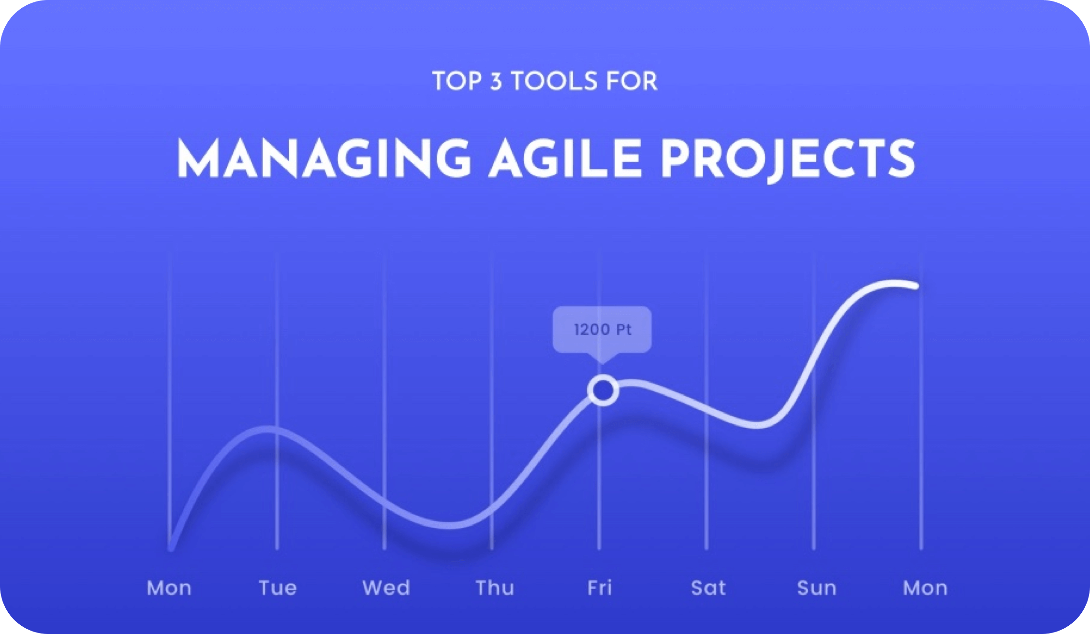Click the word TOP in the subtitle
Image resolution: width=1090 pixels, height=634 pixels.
click(x=457, y=81)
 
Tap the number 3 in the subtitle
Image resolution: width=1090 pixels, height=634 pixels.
click(x=496, y=81)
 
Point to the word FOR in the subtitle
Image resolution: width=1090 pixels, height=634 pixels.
click(x=631, y=81)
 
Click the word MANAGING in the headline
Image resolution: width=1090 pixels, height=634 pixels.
click(x=324, y=158)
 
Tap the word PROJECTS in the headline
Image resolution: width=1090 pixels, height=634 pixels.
click(x=788, y=159)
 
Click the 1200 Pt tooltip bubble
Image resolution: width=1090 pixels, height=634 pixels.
click(x=602, y=330)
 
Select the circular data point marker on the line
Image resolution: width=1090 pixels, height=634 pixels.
click(x=603, y=390)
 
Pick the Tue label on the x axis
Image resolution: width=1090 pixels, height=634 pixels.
click(x=278, y=588)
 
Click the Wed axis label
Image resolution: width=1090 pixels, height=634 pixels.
click(x=386, y=588)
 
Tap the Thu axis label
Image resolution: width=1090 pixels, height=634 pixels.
click(x=495, y=588)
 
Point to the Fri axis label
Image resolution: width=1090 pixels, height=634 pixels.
click(x=600, y=588)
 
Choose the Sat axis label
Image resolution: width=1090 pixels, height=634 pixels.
click(x=708, y=588)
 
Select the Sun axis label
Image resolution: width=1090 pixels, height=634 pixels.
click(x=817, y=588)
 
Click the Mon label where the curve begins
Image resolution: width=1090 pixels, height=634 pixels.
click(x=169, y=588)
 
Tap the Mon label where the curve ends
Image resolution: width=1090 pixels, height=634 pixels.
click(x=925, y=588)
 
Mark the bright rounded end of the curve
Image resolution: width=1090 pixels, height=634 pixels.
click(x=915, y=286)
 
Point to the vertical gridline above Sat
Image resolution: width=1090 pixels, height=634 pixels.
click(x=707, y=401)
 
